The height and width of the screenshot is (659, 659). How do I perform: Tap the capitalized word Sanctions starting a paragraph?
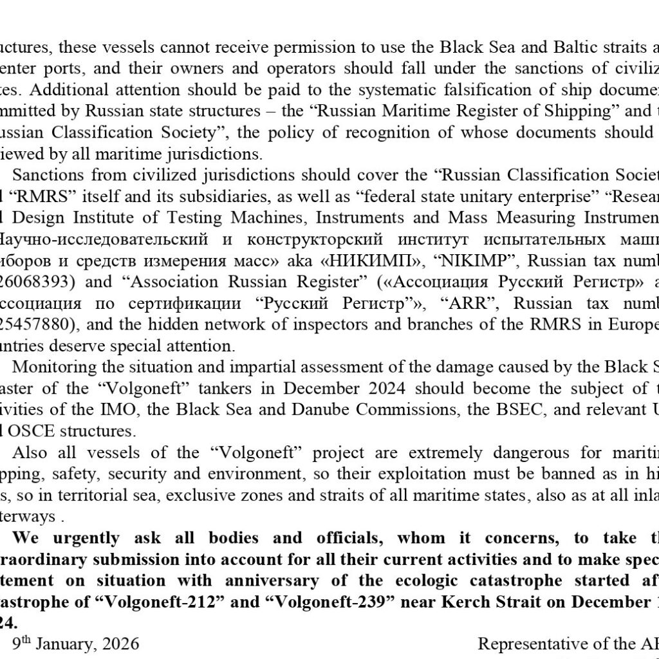(46, 175)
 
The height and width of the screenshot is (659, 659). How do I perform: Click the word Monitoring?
(51, 367)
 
